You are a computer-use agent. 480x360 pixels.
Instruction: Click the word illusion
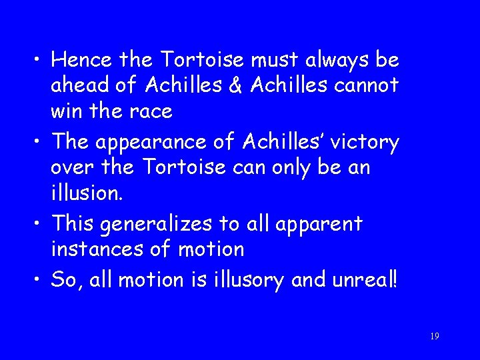85,193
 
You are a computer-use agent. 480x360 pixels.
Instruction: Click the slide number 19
434,337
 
